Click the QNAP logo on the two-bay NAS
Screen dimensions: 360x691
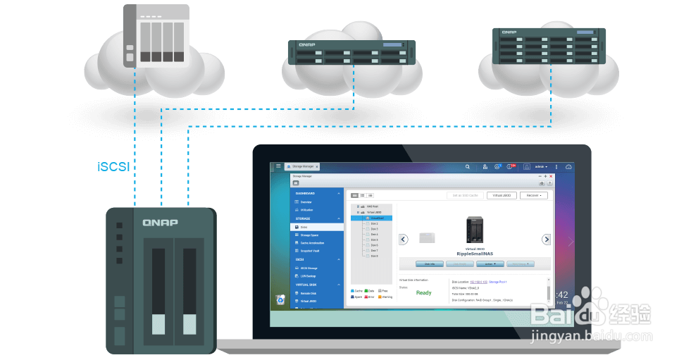click(x=161, y=223)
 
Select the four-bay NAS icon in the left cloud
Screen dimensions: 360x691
click(x=156, y=35)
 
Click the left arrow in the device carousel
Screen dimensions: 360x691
click(x=404, y=240)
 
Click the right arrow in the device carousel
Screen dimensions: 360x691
click(x=546, y=240)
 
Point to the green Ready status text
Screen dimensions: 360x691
click(x=423, y=292)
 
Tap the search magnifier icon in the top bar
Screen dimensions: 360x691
click(x=468, y=167)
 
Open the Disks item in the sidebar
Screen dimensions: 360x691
click(x=304, y=227)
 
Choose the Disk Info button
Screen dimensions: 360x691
click(x=429, y=263)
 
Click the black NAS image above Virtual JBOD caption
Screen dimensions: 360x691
click(x=475, y=230)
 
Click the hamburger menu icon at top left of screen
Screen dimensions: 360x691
click(x=278, y=166)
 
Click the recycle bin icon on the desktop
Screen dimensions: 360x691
click(x=280, y=299)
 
